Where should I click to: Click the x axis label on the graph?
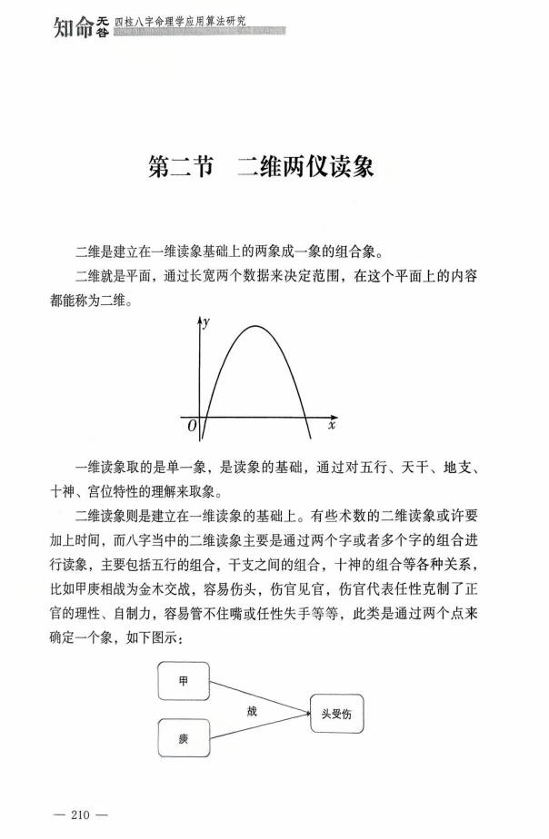click(332, 423)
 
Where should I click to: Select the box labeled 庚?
click(185, 735)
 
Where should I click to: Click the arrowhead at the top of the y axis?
click(199, 321)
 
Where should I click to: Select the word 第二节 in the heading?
click(180, 168)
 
